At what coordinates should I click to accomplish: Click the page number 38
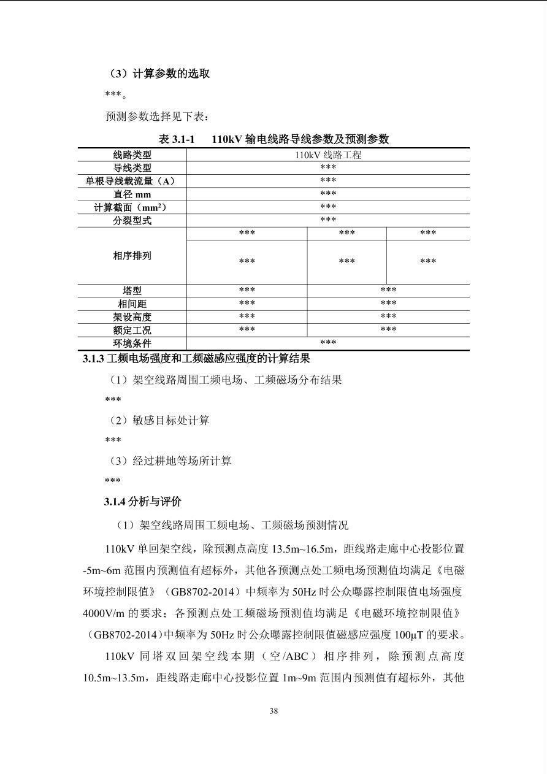click(x=273, y=711)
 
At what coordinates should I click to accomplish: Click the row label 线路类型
click(x=132, y=155)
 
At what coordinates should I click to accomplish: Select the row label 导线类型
click(x=132, y=168)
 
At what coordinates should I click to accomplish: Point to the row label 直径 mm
click(x=132, y=194)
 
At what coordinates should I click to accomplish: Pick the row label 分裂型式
click(x=132, y=220)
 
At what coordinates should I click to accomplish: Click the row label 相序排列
click(x=132, y=256)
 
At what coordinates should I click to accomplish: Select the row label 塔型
click(x=132, y=291)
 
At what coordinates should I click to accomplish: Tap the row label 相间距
click(x=132, y=304)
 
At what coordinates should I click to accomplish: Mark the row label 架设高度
click(x=132, y=317)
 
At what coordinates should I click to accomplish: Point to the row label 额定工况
click(x=132, y=330)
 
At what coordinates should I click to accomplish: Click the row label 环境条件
click(x=132, y=343)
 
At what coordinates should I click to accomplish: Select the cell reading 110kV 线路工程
click(x=328, y=155)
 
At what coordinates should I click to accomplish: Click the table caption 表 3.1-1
click(x=177, y=139)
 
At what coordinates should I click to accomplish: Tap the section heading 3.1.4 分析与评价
click(x=143, y=502)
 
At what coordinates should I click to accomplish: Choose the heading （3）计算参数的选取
click(x=159, y=74)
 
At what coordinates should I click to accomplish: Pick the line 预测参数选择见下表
click(x=158, y=116)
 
